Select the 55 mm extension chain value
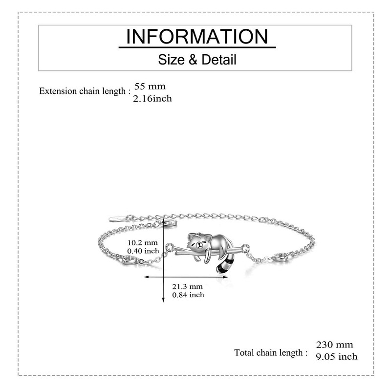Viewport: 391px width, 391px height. pos(150,87)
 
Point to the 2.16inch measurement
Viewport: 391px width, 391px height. pos(152,99)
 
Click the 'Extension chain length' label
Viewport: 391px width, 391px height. pos(85,91)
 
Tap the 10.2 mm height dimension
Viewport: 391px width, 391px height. pos(143,242)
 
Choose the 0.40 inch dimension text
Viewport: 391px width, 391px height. pos(143,251)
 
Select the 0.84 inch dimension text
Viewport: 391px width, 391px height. pos(188,295)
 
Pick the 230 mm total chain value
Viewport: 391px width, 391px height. pos(334,345)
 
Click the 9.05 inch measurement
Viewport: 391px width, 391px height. pos(336,357)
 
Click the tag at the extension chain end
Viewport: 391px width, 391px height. pos(116,217)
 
